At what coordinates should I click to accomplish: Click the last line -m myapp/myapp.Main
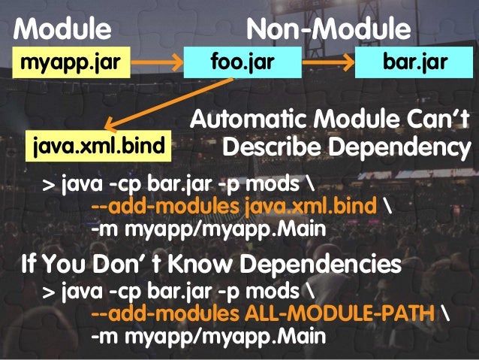click(x=208, y=336)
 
